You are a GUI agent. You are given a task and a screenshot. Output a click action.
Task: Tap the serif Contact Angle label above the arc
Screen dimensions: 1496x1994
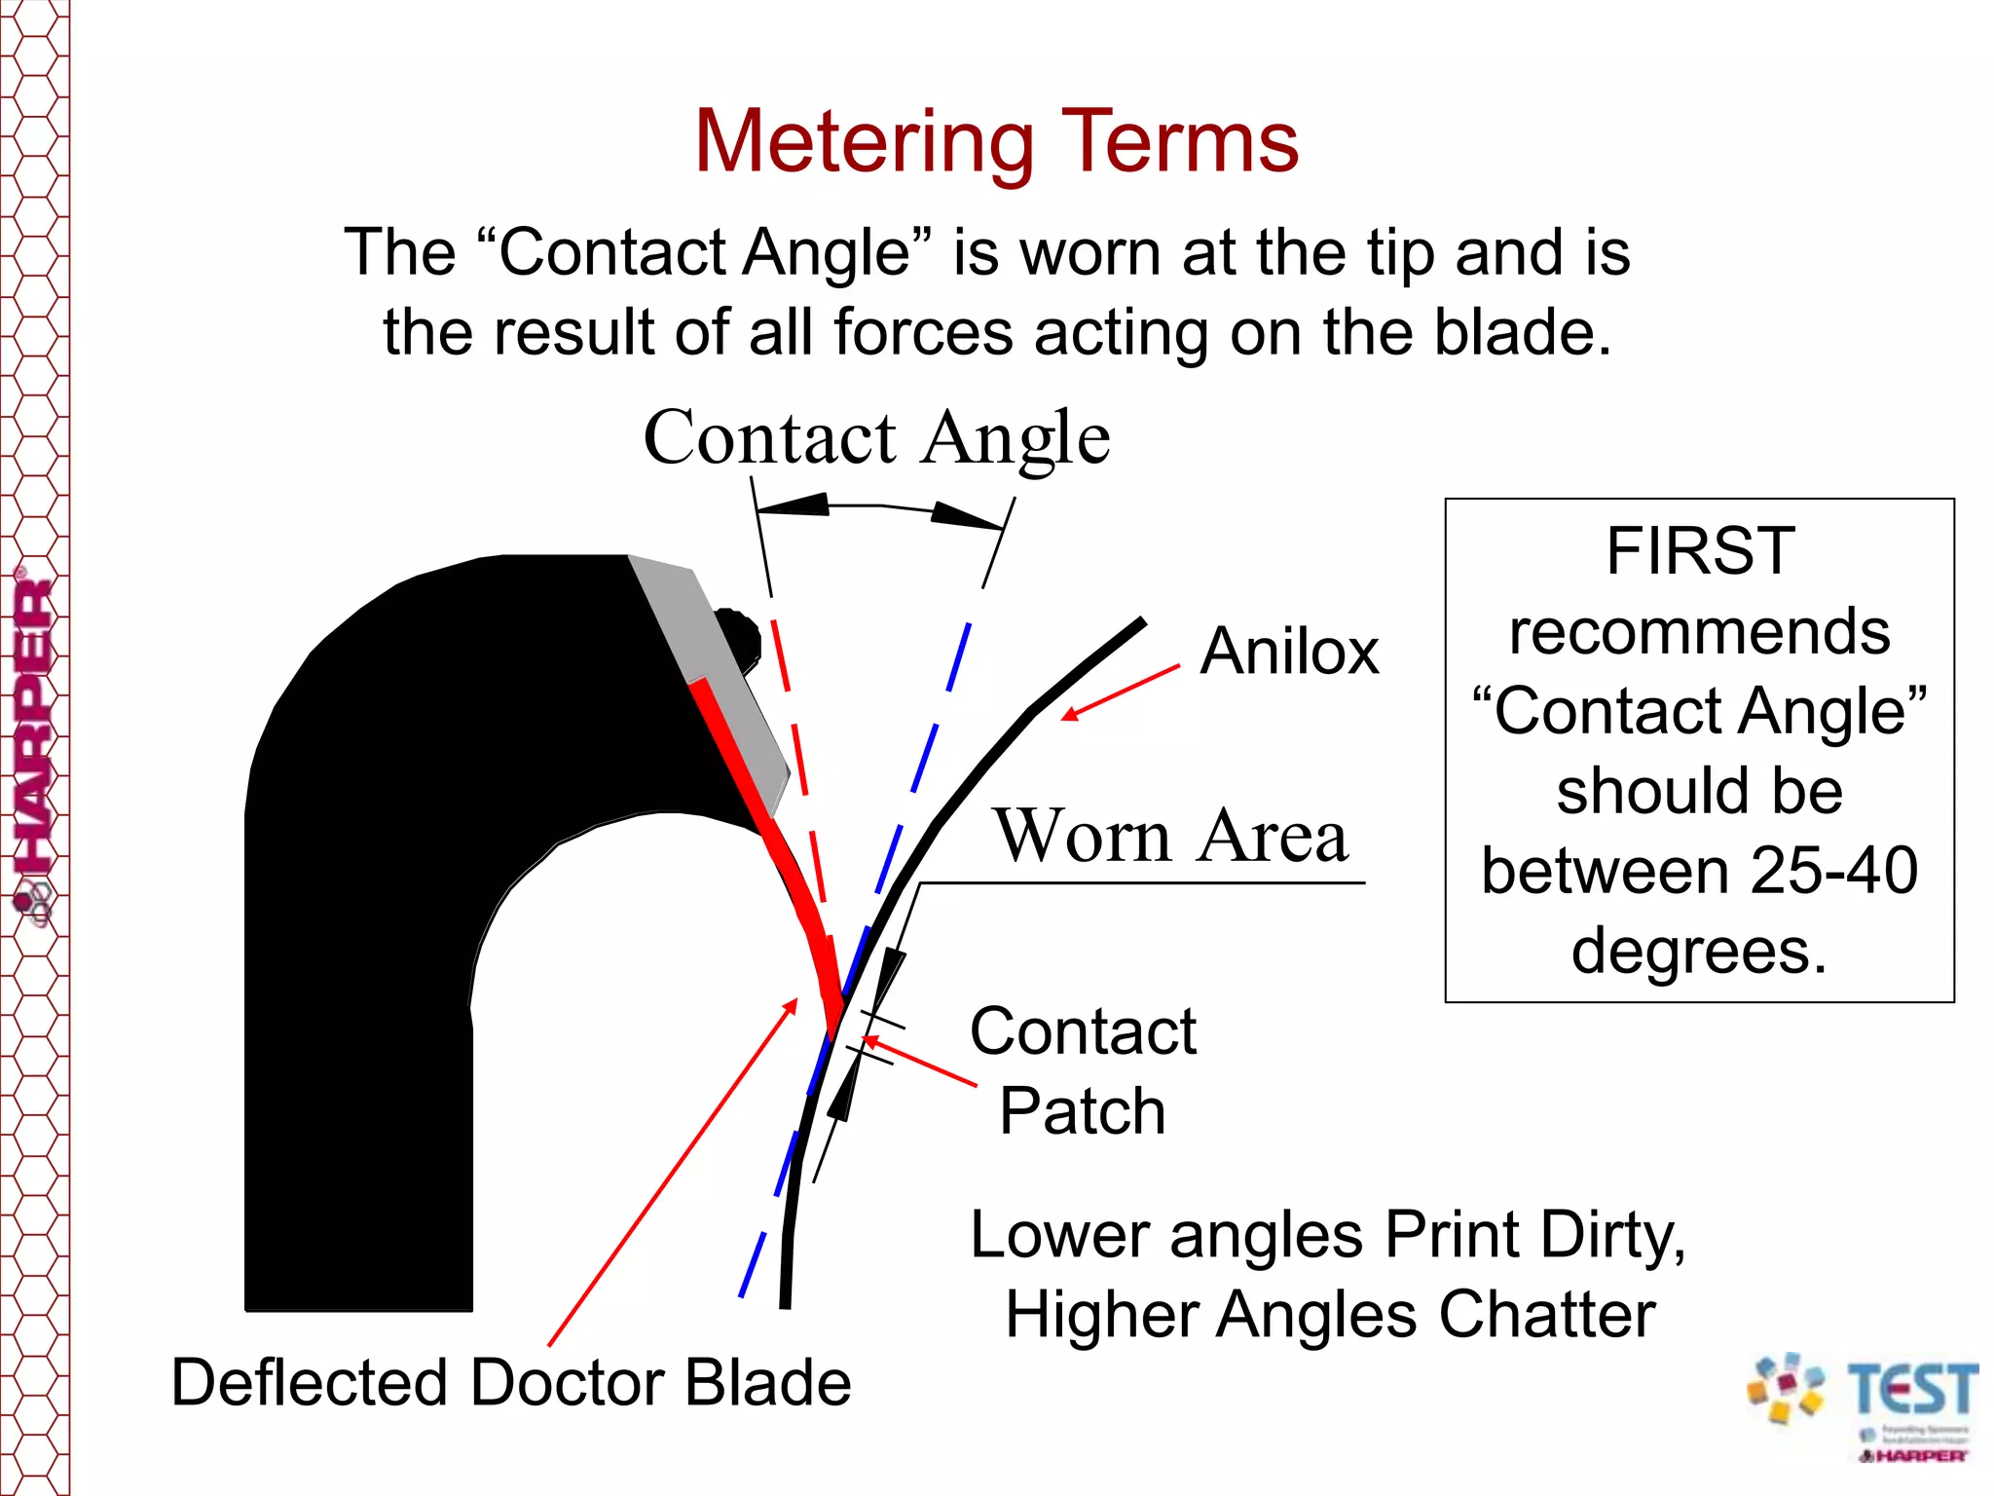pos(876,437)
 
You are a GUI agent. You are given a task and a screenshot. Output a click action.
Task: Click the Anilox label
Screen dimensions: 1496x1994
pos(1289,652)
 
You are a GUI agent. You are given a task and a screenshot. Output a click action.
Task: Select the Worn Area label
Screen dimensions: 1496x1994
pos(1171,836)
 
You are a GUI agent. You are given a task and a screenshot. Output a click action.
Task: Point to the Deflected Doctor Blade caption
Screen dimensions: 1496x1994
pos(511,1382)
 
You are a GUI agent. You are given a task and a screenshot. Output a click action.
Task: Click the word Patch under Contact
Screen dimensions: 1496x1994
pos(1082,1111)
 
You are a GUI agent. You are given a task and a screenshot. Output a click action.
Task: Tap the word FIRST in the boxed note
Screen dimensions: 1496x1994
pos(1700,551)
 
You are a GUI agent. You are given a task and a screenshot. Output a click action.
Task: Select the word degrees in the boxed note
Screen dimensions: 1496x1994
pos(1699,951)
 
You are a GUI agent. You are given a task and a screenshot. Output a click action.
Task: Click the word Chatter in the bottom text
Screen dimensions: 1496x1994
pos(1547,1315)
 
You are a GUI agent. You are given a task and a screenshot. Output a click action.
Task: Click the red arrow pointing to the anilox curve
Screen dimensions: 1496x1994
pos(1120,692)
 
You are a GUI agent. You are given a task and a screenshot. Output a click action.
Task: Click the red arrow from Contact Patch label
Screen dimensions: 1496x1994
pos(920,1062)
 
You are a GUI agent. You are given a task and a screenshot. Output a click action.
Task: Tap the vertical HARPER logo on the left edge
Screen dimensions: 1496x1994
pos(34,740)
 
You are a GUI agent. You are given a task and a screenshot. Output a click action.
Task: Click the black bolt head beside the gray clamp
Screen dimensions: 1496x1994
pos(740,638)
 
